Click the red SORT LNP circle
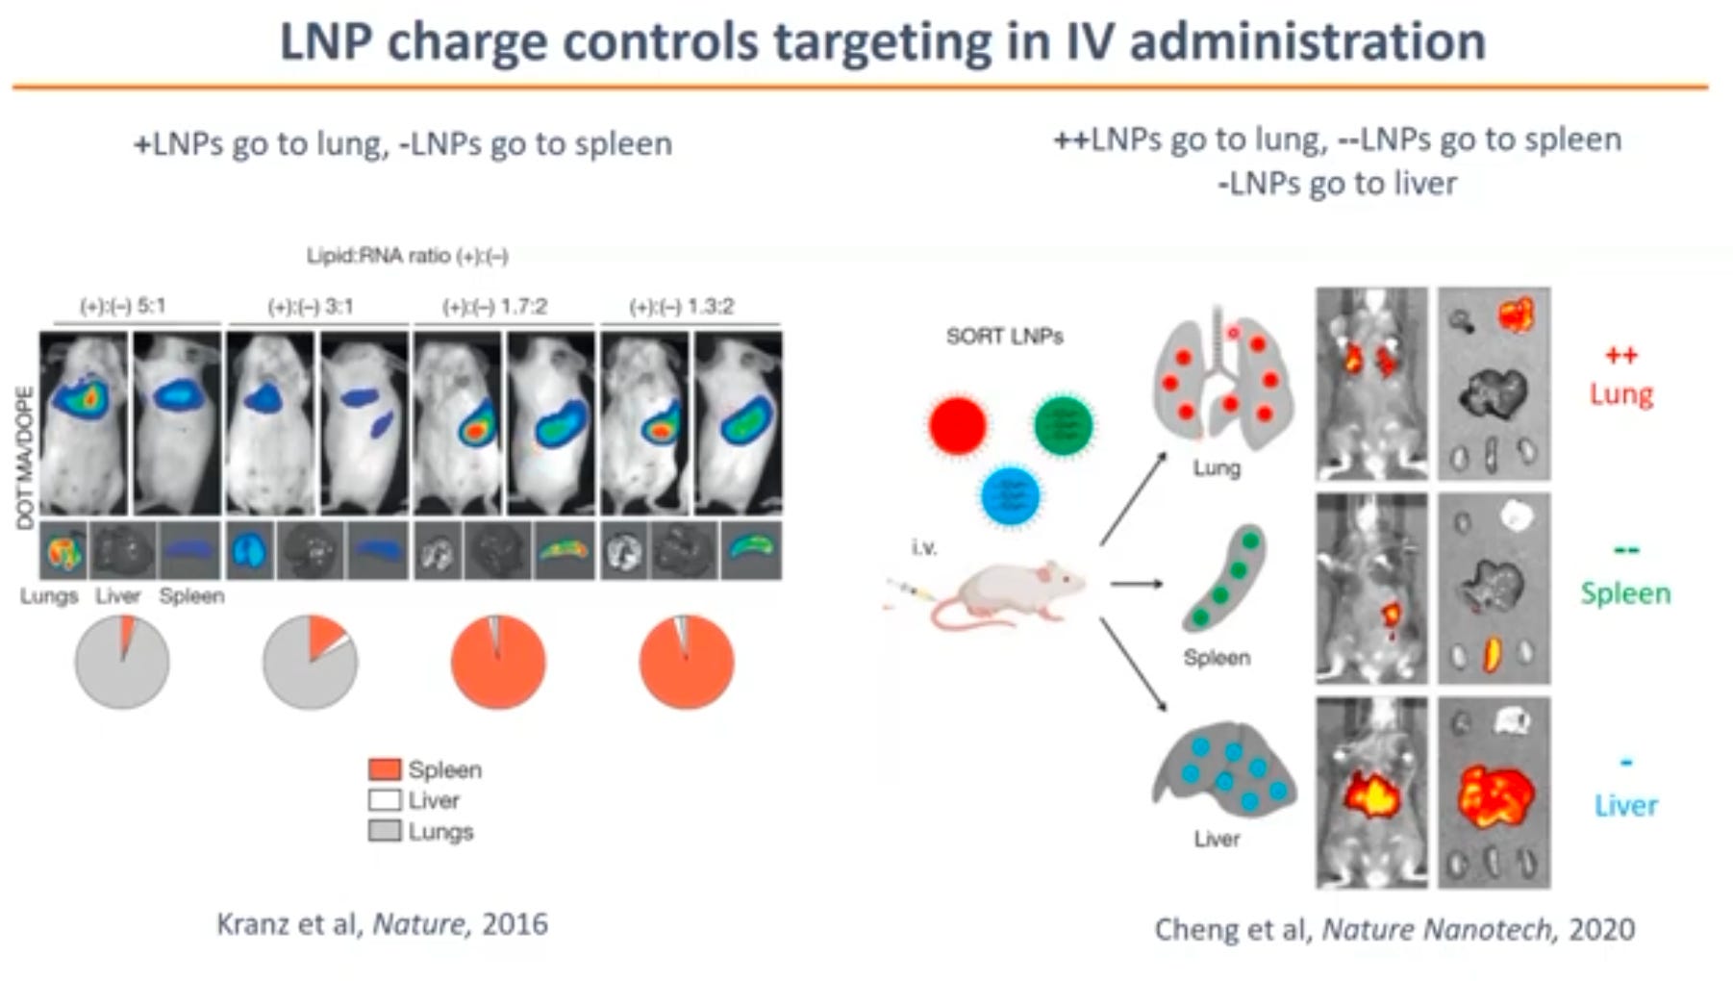958,424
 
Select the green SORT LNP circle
1063,424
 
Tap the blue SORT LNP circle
1010,496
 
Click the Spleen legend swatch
385,769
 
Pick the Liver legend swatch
385,800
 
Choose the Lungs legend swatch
385,831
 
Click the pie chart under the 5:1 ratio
122,663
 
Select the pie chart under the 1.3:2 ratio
687,663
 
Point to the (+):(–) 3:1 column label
310,307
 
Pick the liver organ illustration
1223,769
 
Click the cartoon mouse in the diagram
1005,591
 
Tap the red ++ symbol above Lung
1620,356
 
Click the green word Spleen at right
1625,592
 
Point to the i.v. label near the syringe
924,547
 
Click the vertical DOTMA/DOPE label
25,457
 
